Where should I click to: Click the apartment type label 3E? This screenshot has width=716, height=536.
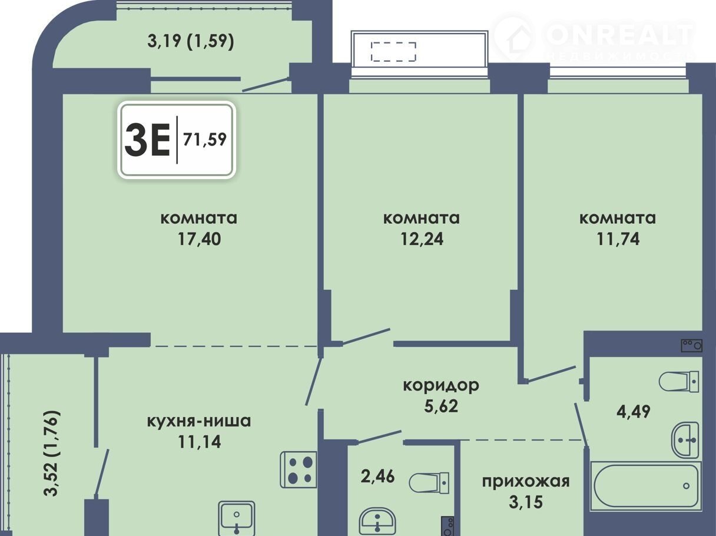click(x=147, y=140)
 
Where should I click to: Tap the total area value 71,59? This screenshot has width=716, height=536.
click(x=204, y=140)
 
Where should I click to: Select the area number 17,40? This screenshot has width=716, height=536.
click(x=199, y=239)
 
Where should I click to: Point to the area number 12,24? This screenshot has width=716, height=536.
click(x=422, y=239)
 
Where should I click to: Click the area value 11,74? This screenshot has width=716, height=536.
click(x=618, y=239)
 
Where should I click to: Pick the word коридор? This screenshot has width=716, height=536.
click(x=441, y=385)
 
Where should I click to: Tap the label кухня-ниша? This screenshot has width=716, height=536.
click(x=199, y=421)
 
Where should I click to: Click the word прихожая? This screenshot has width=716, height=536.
click(x=526, y=482)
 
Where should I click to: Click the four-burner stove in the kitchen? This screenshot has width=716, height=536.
click(x=299, y=470)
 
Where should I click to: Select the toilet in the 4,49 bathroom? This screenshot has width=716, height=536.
click(x=679, y=382)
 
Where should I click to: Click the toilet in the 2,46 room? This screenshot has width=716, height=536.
click(x=429, y=483)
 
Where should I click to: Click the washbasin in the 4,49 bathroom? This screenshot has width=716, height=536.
click(x=685, y=440)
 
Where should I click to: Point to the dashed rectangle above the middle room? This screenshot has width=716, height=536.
click(x=393, y=52)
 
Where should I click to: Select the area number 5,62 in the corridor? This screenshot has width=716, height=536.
click(x=441, y=406)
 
